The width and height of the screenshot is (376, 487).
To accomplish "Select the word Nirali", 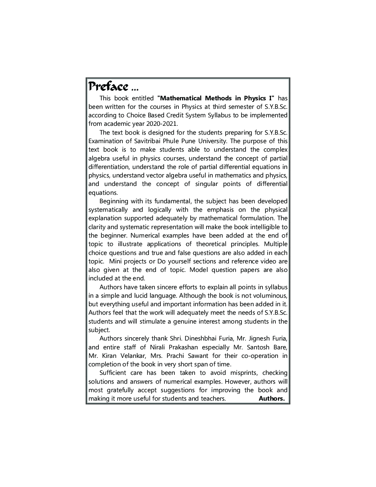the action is [x=158, y=347].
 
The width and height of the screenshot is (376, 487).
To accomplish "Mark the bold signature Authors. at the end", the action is [x=272, y=398].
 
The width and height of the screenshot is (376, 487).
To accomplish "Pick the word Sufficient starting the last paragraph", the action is [x=112, y=373].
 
